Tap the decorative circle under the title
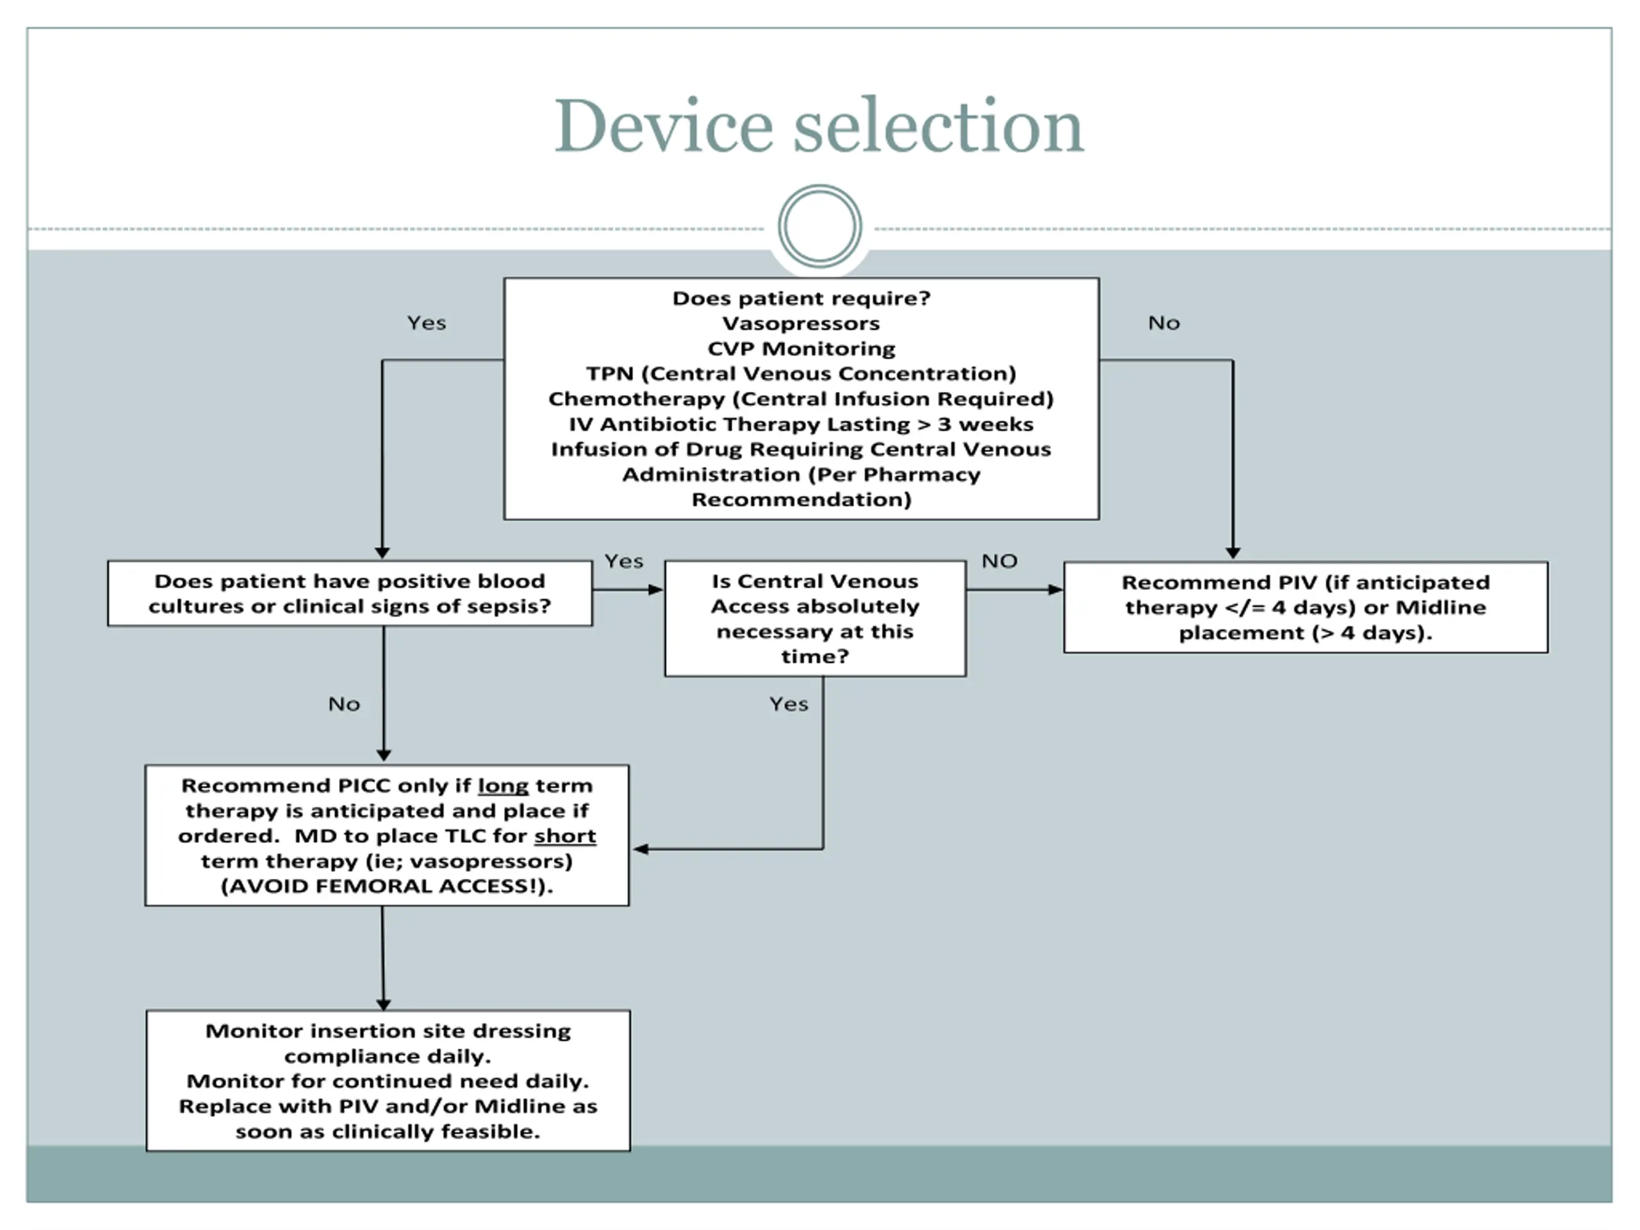tap(819, 226)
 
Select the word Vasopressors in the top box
tap(801, 324)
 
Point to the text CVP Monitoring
tap(801, 348)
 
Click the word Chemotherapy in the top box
tap(636, 399)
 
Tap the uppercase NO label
tap(999, 561)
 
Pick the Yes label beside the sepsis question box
tap(623, 561)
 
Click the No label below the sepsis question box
tap(344, 704)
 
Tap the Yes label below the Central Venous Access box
tap(788, 704)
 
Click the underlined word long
tap(503, 787)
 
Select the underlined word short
tap(565, 836)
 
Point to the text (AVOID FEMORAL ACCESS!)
tap(387, 887)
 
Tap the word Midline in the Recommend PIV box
tap(1441, 608)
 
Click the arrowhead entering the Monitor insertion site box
tap(383, 1004)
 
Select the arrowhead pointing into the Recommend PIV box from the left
tap(1056, 590)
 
